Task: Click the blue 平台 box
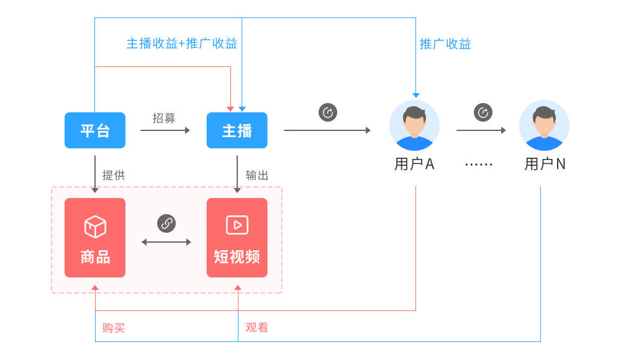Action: click(x=95, y=130)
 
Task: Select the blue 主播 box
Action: click(x=237, y=130)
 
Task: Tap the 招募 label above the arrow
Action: click(x=164, y=118)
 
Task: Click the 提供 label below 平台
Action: click(x=114, y=175)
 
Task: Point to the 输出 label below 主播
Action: click(x=257, y=175)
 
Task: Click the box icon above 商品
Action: click(x=95, y=227)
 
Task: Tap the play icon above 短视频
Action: click(x=237, y=225)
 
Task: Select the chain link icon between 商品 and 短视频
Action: click(x=166, y=223)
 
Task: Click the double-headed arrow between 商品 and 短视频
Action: click(x=166, y=242)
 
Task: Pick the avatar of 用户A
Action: click(x=414, y=125)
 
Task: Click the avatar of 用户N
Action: click(x=544, y=125)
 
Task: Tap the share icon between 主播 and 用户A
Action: click(x=328, y=112)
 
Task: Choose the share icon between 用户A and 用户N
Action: click(x=483, y=112)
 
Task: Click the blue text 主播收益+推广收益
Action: click(x=182, y=43)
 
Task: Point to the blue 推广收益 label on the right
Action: click(x=445, y=43)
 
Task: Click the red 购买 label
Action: click(x=114, y=328)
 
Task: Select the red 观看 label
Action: click(x=257, y=327)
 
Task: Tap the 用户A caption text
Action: click(x=414, y=164)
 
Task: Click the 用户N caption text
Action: click(x=545, y=164)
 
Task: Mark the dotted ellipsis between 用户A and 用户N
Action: click(x=479, y=165)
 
